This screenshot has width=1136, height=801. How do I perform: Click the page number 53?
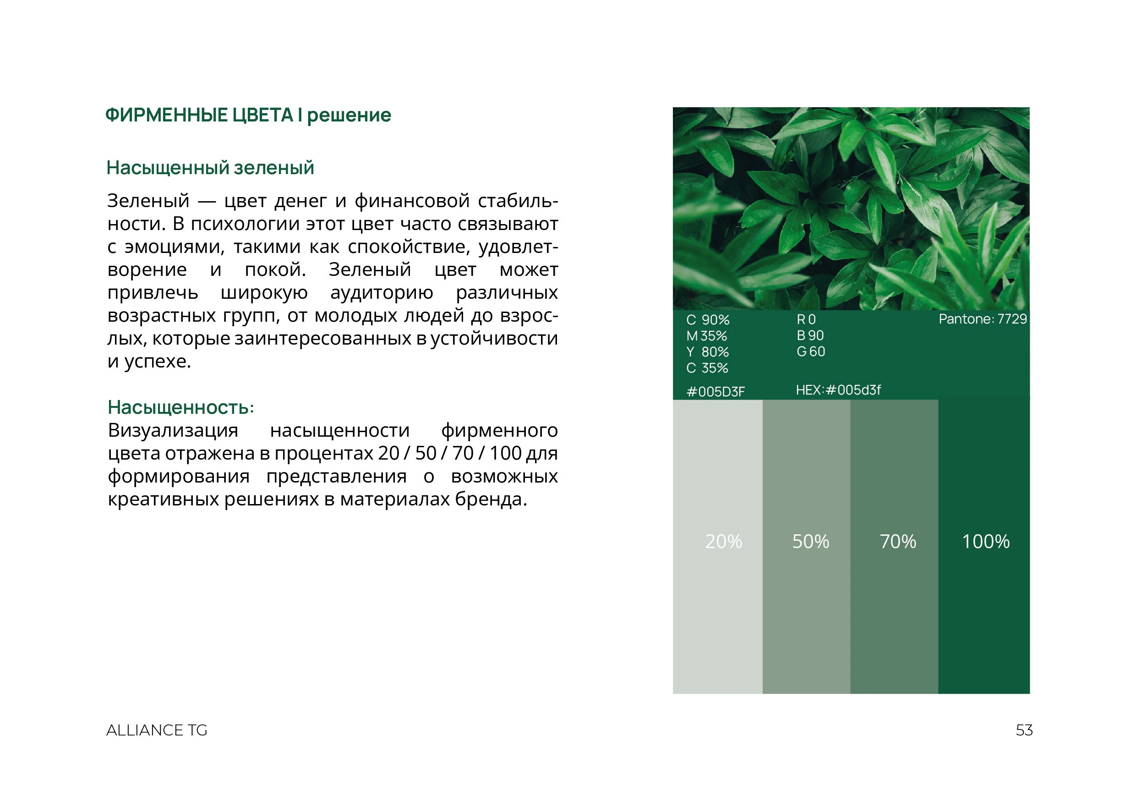pos(1024,730)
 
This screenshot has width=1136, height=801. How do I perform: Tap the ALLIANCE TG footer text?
pos(156,730)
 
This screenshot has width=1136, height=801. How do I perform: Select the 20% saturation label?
pos(723,542)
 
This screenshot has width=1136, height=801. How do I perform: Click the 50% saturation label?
pos(810,542)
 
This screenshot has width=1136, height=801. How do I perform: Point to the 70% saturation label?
pos(897,542)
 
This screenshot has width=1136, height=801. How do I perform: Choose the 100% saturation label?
pos(985,542)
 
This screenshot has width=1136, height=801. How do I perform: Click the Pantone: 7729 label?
pos(983,319)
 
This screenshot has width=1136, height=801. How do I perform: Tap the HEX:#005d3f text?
pos(838,390)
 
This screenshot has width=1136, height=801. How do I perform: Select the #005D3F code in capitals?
pos(715,392)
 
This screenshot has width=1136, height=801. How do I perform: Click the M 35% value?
pos(706,336)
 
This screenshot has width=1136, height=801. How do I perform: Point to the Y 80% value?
pos(708,352)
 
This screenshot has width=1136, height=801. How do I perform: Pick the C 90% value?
pos(708,320)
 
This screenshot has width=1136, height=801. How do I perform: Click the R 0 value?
pos(806,320)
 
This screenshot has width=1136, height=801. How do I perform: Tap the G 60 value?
pos(810,351)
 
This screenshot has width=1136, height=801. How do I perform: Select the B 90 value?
pos(810,335)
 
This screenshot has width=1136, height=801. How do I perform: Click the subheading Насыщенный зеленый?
pos(210,168)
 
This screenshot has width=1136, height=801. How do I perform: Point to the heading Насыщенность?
pos(180,407)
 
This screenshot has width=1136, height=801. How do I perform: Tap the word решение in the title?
pos(349,115)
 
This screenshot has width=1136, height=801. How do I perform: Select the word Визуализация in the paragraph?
pos(173,430)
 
